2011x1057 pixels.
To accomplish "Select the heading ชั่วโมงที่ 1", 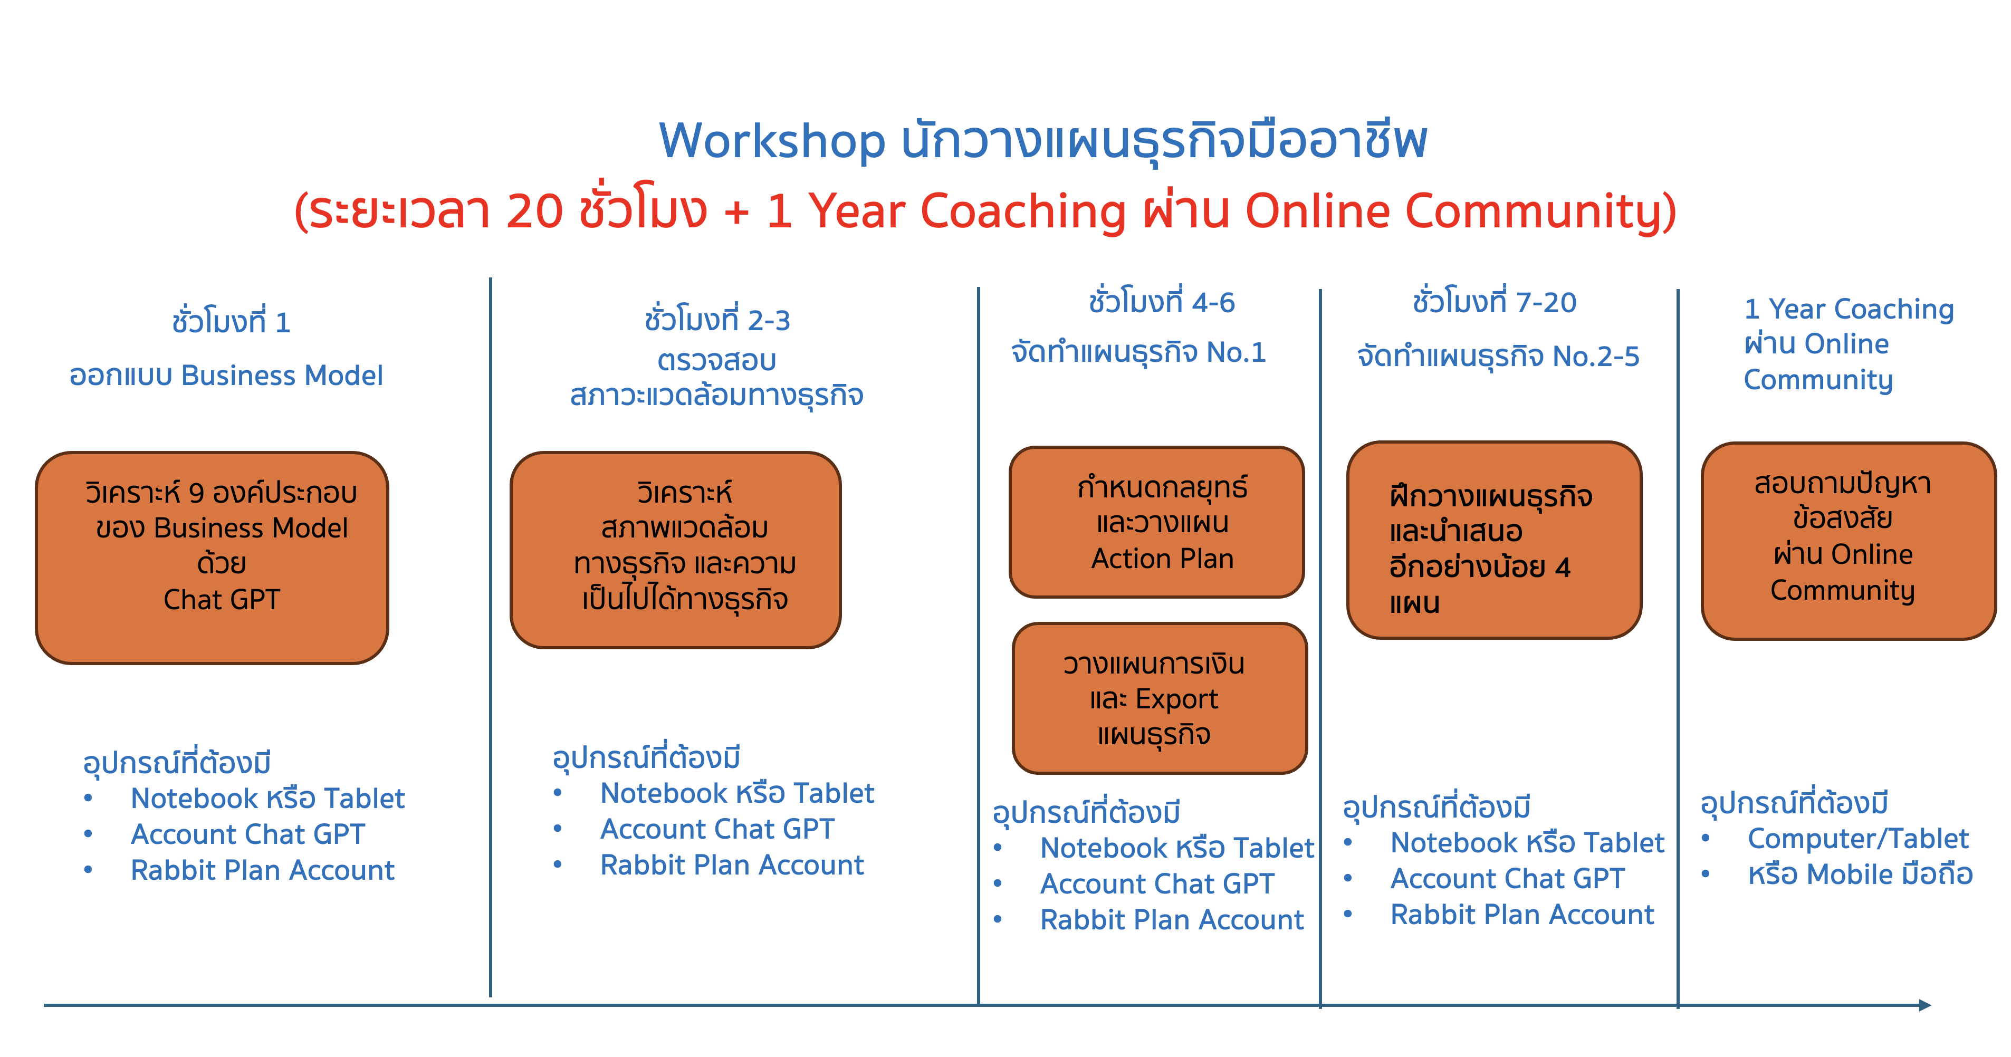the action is pos(231,320).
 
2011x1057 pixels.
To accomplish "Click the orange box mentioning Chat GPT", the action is pos(213,558).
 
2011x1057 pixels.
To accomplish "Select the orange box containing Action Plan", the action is pos(1157,522).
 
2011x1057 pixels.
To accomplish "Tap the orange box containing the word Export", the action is pos(1160,698).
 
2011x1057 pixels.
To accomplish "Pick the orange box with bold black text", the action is pos(1494,540).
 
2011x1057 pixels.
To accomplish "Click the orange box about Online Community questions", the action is pos(1849,540).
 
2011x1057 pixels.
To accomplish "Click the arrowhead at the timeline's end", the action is pos(1924,1005).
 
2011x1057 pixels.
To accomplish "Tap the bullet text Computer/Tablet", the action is pos(1858,839).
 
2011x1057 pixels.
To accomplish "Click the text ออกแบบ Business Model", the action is pos(226,376).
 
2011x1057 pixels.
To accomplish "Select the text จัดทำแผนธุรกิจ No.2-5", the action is pos(1498,356).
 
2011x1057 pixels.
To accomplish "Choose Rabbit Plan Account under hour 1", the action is pos(262,870).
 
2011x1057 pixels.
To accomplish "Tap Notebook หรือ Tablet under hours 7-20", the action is pos(1527,842).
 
